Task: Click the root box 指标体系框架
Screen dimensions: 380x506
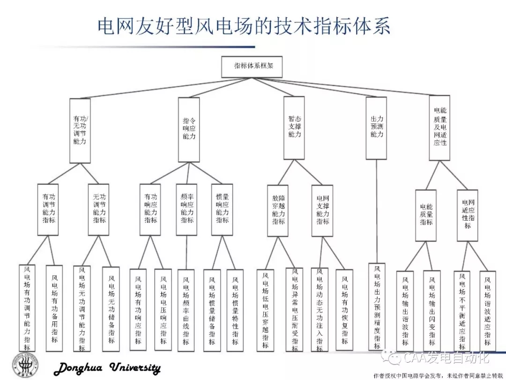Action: [252, 67]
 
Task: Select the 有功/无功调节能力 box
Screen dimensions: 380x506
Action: [80, 130]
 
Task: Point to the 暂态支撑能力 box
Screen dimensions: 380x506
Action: [295, 127]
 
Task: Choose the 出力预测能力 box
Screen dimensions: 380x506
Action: [376, 127]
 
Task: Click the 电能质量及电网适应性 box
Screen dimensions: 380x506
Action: [439, 127]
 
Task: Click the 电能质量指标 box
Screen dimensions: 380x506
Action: [426, 215]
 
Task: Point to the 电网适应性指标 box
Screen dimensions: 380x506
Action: [468, 215]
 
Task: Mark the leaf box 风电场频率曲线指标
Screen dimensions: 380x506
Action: [186, 310]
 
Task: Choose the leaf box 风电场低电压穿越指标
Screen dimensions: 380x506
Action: [265, 310]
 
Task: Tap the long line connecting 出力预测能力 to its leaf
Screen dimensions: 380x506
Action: [377, 211]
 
